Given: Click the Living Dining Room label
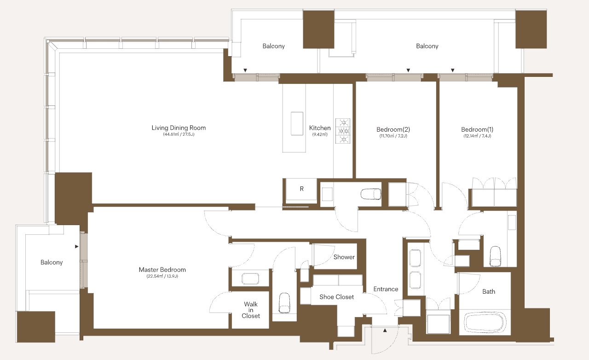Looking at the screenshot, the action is click(x=179, y=128).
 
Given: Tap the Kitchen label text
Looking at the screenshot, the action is click(x=320, y=128).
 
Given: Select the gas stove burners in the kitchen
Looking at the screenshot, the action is click(x=343, y=131).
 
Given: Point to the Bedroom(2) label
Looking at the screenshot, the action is click(x=393, y=129).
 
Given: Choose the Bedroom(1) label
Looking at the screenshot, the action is click(x=477, y=129).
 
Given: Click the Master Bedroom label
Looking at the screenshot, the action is click(x=162, y=270).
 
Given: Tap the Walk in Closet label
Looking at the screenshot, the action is click(x=251, y=310).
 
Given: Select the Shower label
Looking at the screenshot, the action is click(x=344, y=257).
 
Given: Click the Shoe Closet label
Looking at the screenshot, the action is click(x=336, y=297).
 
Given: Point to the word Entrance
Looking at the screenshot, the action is click(x=386, y=289).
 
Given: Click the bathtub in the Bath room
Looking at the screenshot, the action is click(x=485, y=323).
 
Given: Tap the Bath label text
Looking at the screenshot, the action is click(x=489, y=291).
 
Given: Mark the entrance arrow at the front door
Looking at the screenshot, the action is click(x=385, y=330).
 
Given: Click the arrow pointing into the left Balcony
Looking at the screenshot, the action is click(x=76, y=247).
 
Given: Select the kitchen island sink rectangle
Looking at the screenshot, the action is click(x=297, y=124).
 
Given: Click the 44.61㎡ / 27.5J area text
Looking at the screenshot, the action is click(x=179, y=134).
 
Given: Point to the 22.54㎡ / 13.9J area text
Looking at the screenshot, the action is click(x=162, y=276).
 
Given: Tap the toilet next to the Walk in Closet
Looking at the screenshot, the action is click(x=284, y=303).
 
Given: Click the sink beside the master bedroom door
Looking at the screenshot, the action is click(x=250, y=279).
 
